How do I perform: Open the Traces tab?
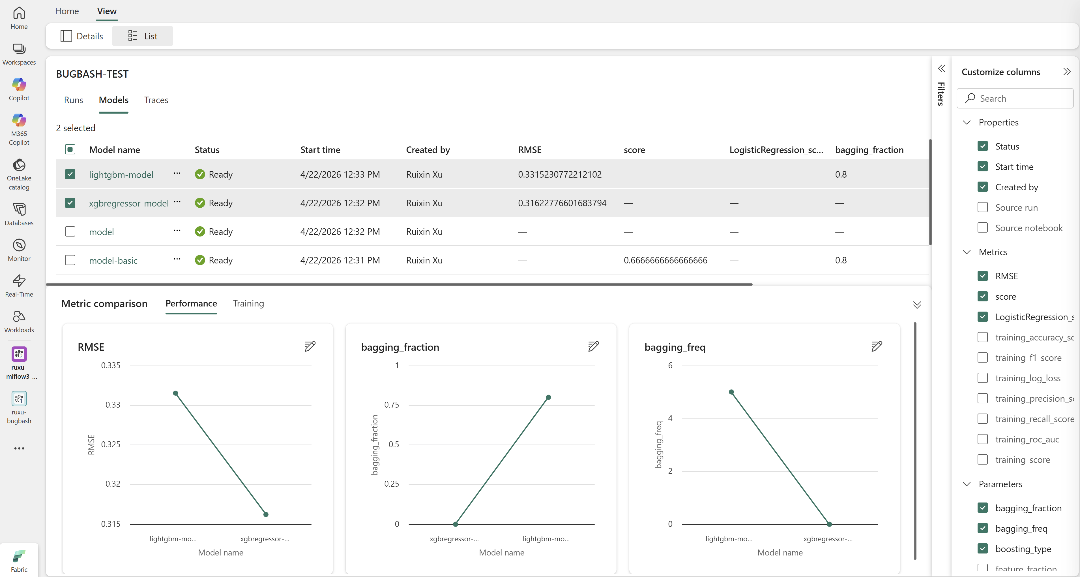[x=156, y=100]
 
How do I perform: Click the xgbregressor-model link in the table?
[x=129, y=203]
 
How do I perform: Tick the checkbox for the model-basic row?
[x=70, y=260]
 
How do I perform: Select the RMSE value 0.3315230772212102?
[x=560, y=174]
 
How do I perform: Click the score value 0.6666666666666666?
[x=665, y=260]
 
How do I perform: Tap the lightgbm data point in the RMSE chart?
[x=176, y=393]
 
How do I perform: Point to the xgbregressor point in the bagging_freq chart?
[x=829, y=524]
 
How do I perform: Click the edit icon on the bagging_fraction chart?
[x=593, y=346]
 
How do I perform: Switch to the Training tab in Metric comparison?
[x=248, y=303]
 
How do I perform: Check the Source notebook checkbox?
[x=982, y=227]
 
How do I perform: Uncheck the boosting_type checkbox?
[x=982, y=548]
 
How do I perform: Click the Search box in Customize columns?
[x=1015, y=98]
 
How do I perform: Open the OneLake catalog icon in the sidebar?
[x=19, y=165]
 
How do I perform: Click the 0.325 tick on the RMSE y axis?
[x=111, y=444]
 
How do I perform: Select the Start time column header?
[x=320, y=150]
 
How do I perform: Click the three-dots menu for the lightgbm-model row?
[x=177, y=173]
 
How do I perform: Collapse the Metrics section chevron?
[x=967, y=252]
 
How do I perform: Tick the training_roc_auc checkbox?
[x=982, y=439]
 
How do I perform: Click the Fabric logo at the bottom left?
[x=19, y=556]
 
